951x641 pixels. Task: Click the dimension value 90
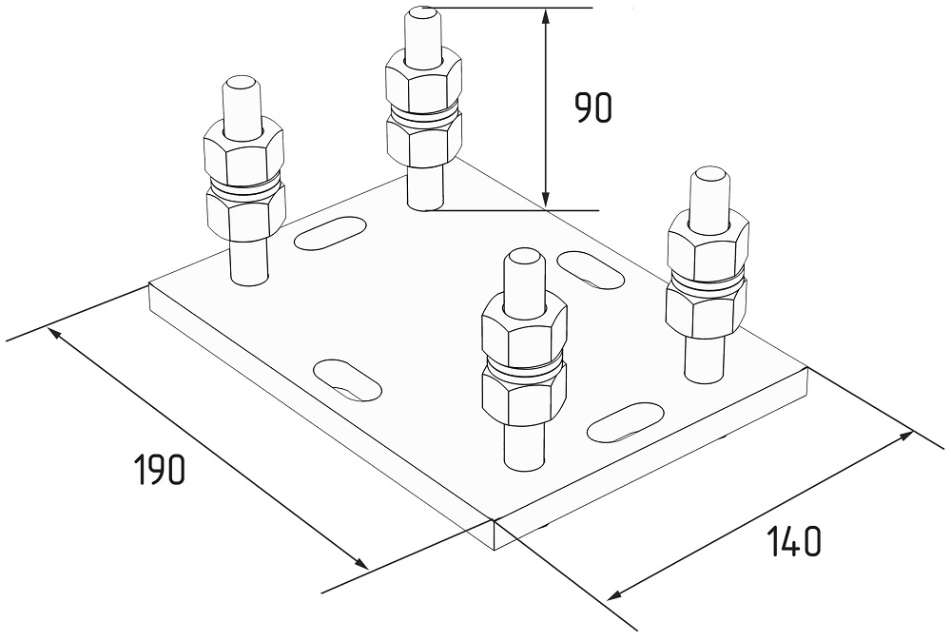(593, 109)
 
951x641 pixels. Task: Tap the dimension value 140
(793, 541)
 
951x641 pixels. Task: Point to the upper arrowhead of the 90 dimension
(546, 18)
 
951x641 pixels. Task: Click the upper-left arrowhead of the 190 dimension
(57, 334)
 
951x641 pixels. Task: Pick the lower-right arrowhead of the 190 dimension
(359, 561)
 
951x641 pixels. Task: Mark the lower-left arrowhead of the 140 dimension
(618, 593)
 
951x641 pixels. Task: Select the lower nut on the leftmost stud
(245, 212)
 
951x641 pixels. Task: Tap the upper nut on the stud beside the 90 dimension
(424, 81)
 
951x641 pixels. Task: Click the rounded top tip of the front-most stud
(524, 257)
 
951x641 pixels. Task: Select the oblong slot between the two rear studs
(331, 232)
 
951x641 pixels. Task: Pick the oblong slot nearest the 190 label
(346, 379)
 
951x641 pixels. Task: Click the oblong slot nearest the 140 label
(626, 421)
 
